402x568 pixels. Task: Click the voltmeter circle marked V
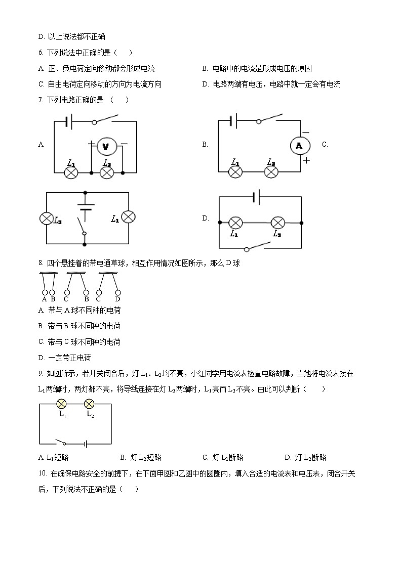click(106, 147)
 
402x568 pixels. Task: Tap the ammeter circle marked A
click(299, 146)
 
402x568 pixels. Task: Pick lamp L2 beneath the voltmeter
click(106, 172)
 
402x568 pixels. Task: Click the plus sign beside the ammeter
click(306, 160)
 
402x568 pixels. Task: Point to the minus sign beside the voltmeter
click(124, 144)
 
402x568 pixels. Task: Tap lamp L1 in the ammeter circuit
click(235, 172)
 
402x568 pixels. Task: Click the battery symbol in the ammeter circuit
click(233, 121)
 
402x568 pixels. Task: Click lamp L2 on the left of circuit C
click(47, 218)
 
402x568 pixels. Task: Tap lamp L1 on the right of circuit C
click(129, 218)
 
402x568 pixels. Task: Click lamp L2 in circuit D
click(277, 223)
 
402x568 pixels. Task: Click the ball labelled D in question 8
click(118, 292)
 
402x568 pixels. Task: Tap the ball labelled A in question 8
click(45, 292)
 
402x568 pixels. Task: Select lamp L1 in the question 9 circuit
click(62, 404)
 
